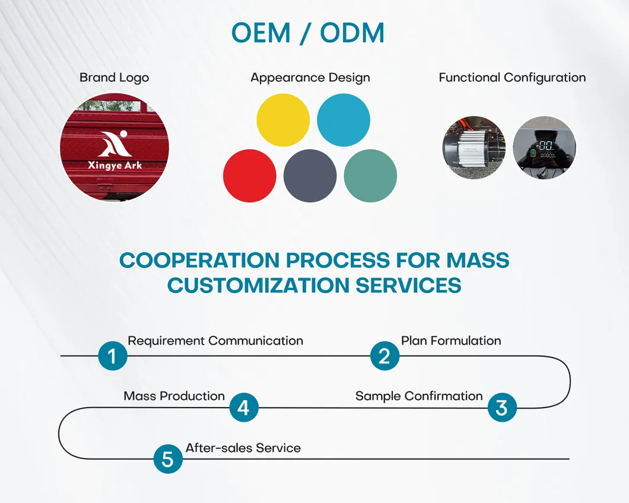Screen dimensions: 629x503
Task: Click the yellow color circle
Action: pos(283,120)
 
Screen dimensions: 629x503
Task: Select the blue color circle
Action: pos(344,120)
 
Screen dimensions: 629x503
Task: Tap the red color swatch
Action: pos(249,176)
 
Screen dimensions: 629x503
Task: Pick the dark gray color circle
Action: pos(310,176)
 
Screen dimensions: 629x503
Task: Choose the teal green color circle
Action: pos(370,176)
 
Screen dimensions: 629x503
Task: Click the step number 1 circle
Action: pos(113,356)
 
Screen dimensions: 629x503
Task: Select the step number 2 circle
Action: pos(385,356)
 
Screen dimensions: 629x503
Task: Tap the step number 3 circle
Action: pos(502,408)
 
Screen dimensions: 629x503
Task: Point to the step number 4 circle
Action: pos(244,408)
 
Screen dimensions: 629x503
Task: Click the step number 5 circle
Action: pos(168,459)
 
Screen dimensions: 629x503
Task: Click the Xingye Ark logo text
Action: pos(115,165)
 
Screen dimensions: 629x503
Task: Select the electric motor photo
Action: pos(474,148)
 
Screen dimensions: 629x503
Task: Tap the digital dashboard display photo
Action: pos(544,148)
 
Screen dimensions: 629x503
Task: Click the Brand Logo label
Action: pos(115,78)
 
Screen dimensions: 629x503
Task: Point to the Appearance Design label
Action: pos(310,78)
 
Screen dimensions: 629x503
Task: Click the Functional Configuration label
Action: pos(512,78)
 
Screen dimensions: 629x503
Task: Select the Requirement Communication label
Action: pos(215,340)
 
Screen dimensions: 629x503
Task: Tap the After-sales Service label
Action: pos(243,448)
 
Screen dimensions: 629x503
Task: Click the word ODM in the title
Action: pos(352,33)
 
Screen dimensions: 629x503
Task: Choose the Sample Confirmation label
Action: pos(419,396)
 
